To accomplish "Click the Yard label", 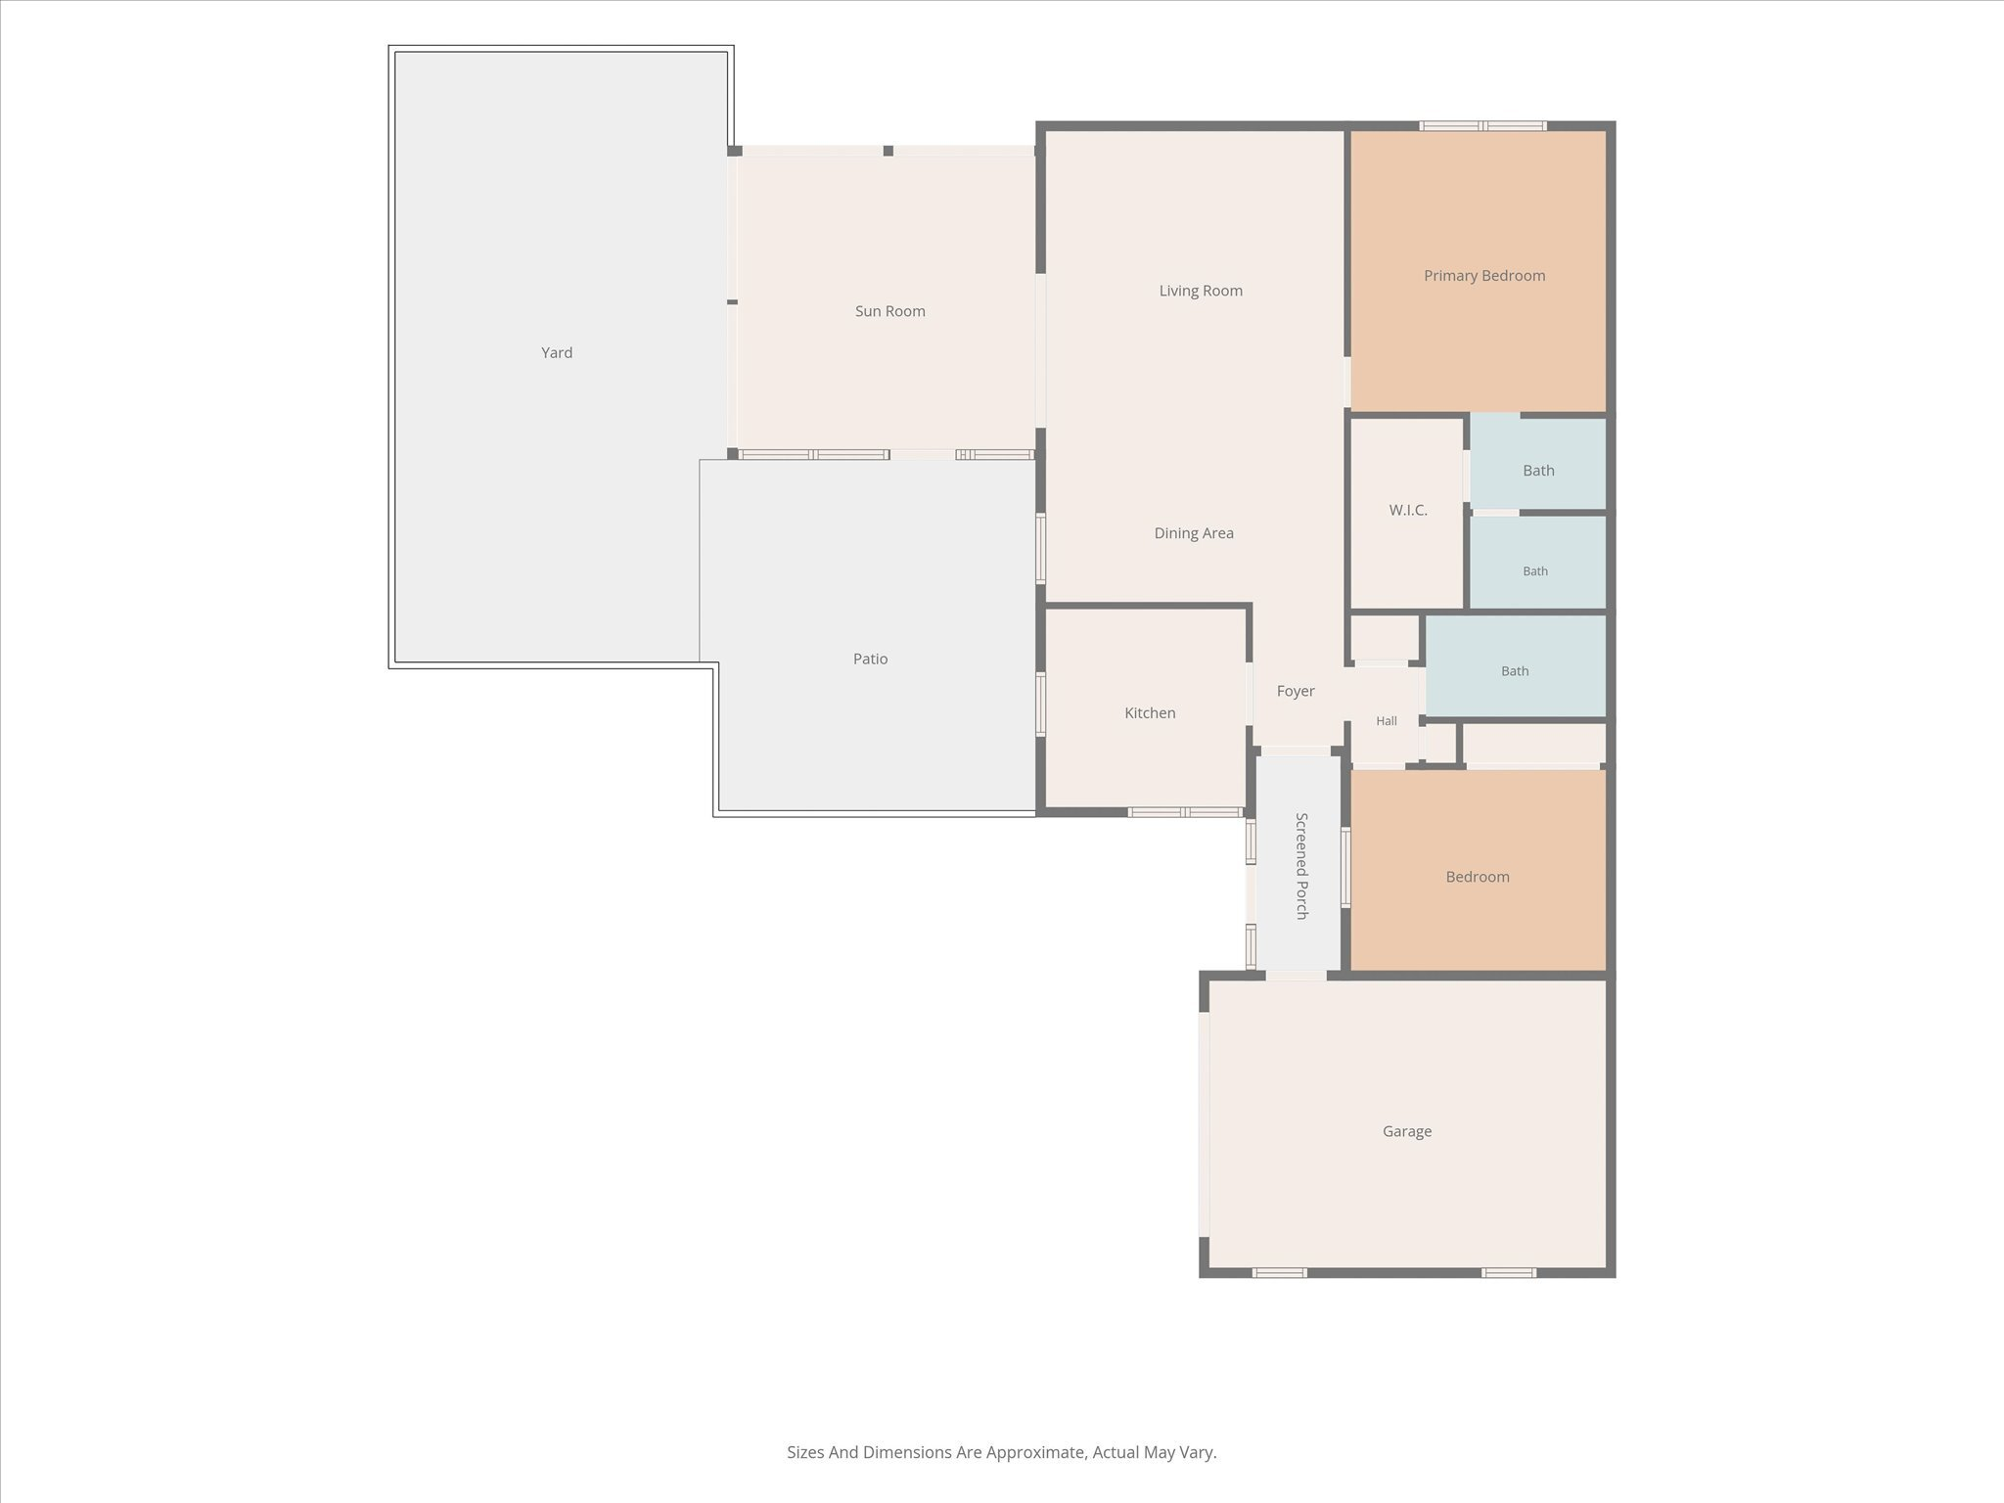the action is [x=557, y=352].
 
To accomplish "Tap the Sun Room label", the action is [x=889, y=311].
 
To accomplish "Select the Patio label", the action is [x=870, y=659].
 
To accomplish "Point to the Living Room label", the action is [x=1201, y=291].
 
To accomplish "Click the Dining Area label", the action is [x=1194, y=533].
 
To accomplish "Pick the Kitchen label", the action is [x=1150, y=713].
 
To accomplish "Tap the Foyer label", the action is [x=1296, y=691].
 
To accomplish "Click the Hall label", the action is [x=1387, y=721].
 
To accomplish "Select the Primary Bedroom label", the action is [x=1484, y=276].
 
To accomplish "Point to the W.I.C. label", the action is [x=1408, y=510].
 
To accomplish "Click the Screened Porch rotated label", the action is [x=1301, y=866].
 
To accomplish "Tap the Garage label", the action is [x=1407, y=1131].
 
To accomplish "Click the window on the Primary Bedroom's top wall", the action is [x=1483, y=125].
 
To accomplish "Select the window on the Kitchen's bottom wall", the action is [x=1186, y=812].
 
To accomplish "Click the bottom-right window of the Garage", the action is [x=1509, y=1273].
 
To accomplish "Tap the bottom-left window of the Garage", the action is [x=1280, y=1273].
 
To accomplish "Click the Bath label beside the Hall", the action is [x=1515, y=671].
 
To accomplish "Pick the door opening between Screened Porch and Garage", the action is [x=1297, y=976].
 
